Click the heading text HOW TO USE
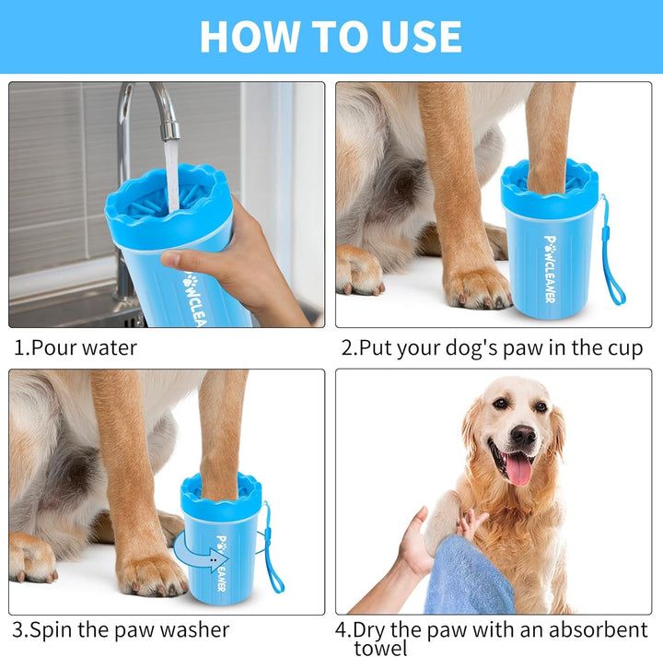pos(331,36)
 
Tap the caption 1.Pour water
pos(75,348)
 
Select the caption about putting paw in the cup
pos(492,348)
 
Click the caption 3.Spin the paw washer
pos(120,631)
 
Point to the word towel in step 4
pos(380,648)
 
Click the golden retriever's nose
pos(523,435)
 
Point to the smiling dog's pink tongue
pos(518,469)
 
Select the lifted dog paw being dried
pos(442,520)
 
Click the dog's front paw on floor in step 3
pos(152,573)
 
